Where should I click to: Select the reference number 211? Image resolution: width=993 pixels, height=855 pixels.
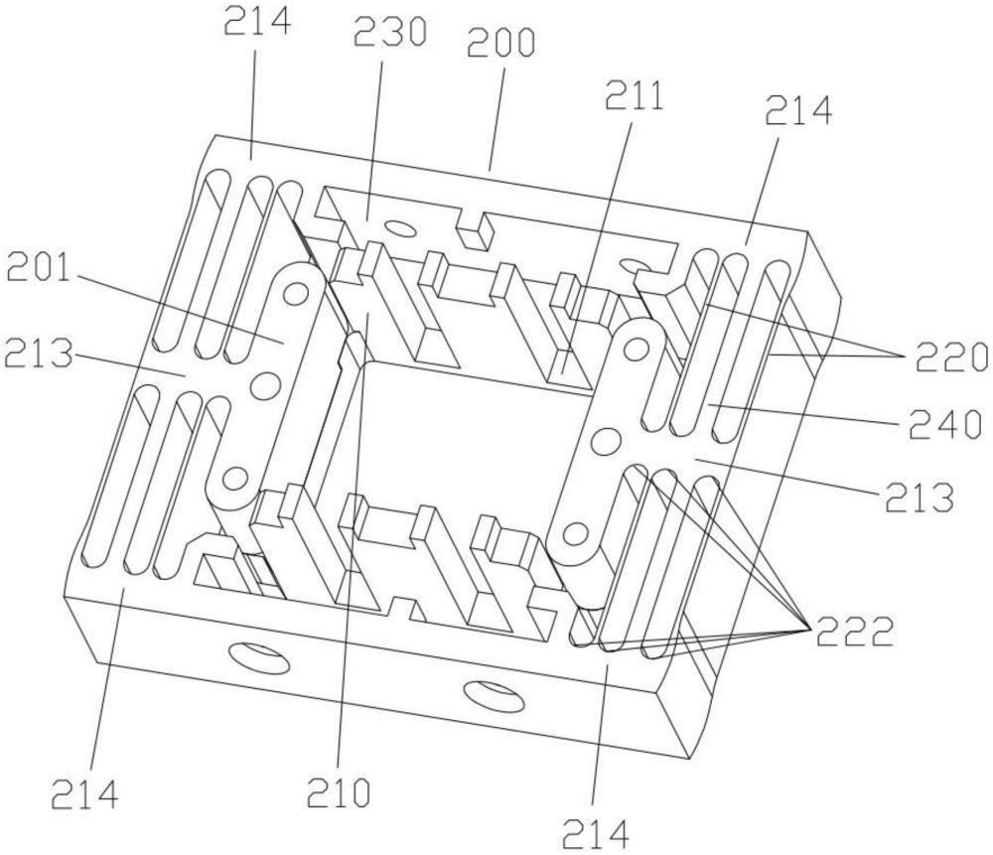pos(634,96)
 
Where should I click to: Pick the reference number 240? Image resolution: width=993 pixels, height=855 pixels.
pos(943,424)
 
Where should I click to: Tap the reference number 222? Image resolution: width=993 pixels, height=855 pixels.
pos(855,631)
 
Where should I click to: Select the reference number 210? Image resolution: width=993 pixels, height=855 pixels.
pos(339,791)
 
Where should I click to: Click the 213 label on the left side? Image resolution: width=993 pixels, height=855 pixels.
pos(38,354)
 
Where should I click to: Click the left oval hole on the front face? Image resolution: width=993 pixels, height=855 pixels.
pos(260,659)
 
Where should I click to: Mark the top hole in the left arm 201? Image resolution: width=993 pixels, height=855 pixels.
pos(296,293)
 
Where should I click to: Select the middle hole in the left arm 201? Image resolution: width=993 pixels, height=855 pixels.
pos(265,383)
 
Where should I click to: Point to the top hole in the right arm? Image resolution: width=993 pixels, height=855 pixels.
pos(636,347)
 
